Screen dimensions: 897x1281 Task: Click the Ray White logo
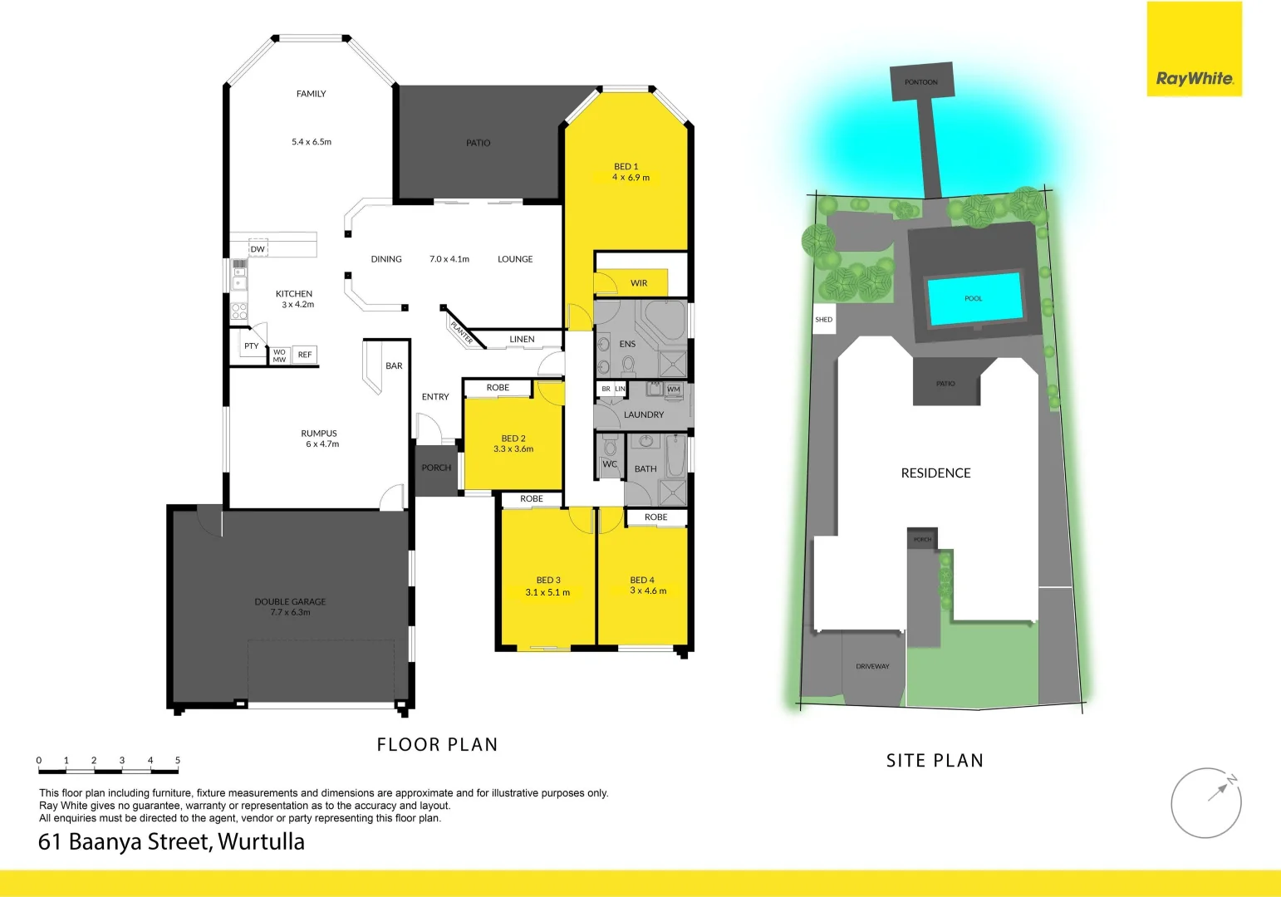coord(1194,79)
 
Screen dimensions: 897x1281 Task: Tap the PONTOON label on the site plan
coord(920,82)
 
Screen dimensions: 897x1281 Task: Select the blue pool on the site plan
coord(974,298)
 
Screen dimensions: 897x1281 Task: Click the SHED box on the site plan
coord(823,319)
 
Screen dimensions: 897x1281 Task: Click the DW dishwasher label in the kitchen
coord(258,249)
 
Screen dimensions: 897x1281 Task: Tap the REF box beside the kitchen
coord(305,355)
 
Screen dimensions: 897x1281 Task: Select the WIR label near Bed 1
coord(638,283)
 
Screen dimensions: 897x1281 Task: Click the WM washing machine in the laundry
coord(673,389)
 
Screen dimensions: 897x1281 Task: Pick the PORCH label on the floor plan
coord(436,468)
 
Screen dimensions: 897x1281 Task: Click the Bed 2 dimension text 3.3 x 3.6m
coord(513,449)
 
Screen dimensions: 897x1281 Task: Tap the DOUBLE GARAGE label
coord(290,601)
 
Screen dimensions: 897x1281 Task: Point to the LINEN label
coord(522,339)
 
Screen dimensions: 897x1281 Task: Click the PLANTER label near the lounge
coord(461,331)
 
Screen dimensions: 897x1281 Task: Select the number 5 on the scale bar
coord(178,760)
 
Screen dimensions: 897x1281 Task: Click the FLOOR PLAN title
coord(437,744)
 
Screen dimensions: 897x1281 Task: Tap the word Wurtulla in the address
coord(261,841)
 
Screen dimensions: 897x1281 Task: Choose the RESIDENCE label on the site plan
coord(935,473)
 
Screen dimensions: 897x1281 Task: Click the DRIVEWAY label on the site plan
coord(872,666)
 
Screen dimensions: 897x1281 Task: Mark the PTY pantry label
coord(251,346)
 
